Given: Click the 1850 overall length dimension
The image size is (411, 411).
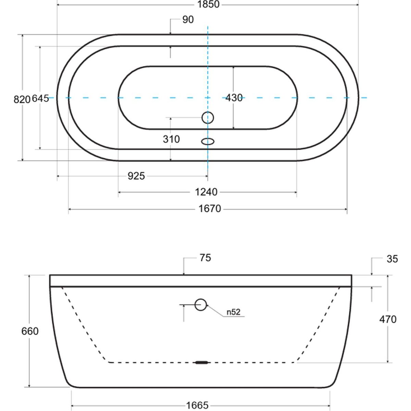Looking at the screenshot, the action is point(208,4).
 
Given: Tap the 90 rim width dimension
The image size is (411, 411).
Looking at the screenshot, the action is point(188,20).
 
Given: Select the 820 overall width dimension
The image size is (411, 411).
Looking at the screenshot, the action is point(22,99).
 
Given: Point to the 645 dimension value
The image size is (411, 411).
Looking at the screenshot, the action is point(40,99).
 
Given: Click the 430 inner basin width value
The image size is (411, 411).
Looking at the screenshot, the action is point(234,98).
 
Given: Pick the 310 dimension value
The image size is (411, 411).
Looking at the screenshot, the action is point(171,139).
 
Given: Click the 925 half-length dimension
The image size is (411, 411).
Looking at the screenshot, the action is point(136,176).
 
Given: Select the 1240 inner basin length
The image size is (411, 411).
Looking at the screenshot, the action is point(206,192).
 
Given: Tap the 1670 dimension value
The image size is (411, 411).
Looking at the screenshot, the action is point(210,209).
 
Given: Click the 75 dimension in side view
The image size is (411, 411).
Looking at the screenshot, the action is point(205,258).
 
